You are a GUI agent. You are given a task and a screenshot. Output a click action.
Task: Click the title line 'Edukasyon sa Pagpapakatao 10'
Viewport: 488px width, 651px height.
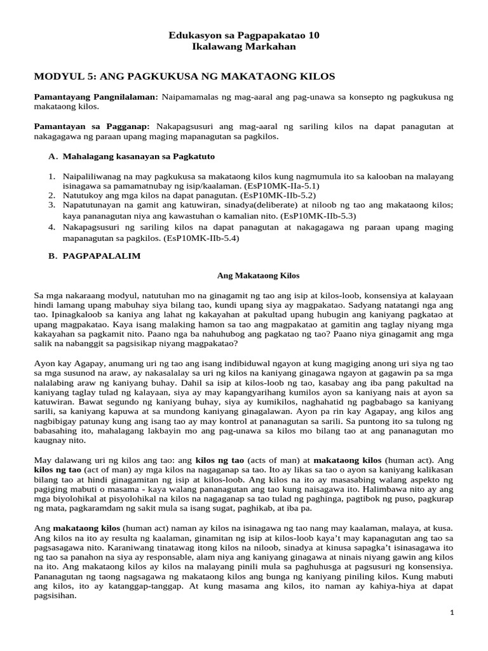click(244, 36)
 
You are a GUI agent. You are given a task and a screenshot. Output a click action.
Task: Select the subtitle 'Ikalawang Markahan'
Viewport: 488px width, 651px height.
click(244, 47)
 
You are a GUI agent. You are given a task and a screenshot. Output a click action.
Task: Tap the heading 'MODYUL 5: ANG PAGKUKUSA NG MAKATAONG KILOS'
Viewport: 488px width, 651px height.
click(184, 77)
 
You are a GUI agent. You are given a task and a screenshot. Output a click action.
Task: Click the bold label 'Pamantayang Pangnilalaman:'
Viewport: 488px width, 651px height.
click(96, 97)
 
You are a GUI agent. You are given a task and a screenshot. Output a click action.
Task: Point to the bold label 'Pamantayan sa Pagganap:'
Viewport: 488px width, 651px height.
click(91, 127)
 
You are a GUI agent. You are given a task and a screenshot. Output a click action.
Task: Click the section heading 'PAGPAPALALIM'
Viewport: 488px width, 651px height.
click(102, 256)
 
